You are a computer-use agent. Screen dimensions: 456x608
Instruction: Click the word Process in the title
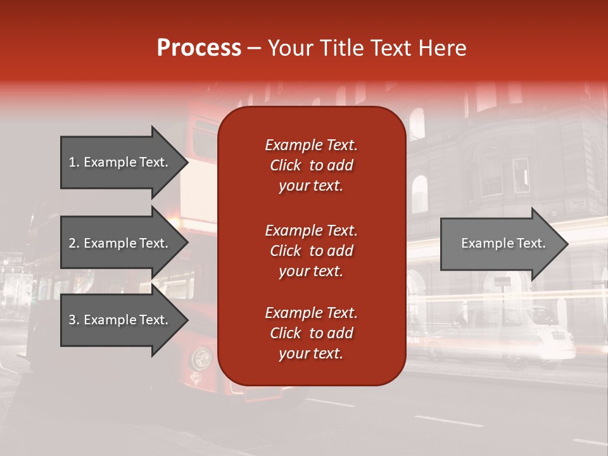coord(199,48)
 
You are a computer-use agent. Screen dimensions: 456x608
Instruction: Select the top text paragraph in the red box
coord(311,165)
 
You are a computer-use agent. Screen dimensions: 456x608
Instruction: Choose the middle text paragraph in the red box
coord(311,251)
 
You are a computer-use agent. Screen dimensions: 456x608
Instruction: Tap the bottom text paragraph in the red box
coord(311,333)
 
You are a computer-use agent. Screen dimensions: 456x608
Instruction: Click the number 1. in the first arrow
coord(74,162)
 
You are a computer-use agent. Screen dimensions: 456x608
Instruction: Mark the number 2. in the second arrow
coord(74,243)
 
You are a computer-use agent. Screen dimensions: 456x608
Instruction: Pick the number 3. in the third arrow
coord(74,320)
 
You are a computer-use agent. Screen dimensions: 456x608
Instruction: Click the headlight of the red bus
coord(201,358)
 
